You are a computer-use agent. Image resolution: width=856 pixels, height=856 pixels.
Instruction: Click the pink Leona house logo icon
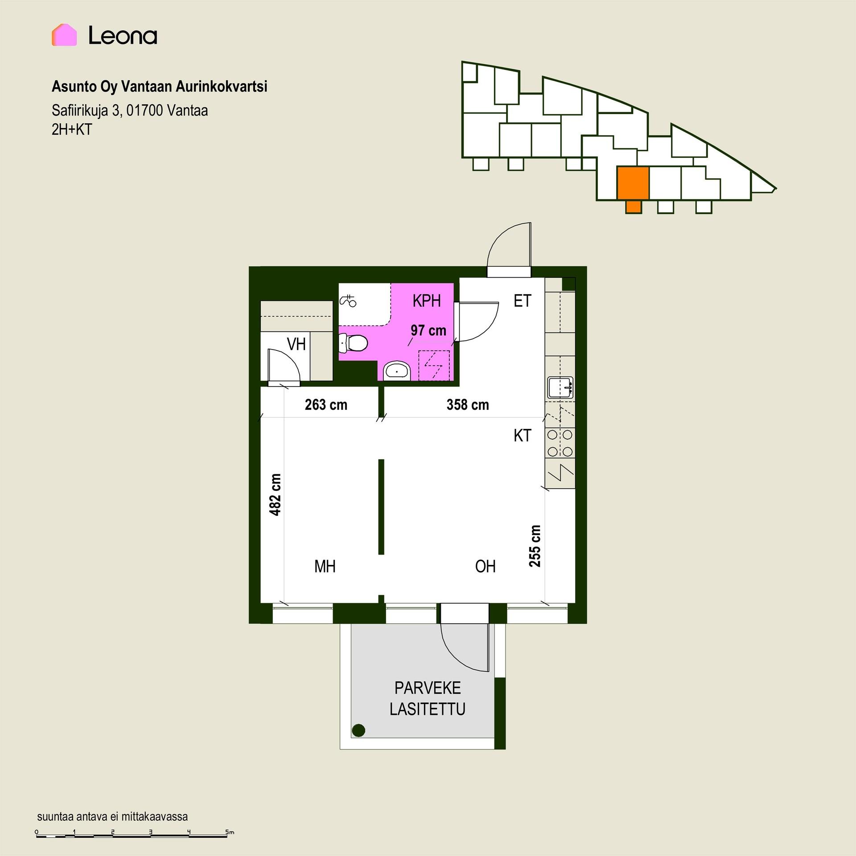pyautogui.click(x=64, y=35)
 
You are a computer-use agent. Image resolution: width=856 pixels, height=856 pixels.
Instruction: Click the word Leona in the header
pyautogui.click(x=123, y=35)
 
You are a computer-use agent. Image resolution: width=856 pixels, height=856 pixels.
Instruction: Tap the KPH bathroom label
pyautogui.click(x=427, y=301)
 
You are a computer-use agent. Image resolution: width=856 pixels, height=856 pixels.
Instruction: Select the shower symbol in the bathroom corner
pyautogui.click(x=348, y=301)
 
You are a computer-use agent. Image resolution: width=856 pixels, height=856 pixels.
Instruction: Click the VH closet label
pyautogui.click(x=296, y=344)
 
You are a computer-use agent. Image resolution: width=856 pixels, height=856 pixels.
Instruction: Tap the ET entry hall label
pyautogui.click(x=523, y=301)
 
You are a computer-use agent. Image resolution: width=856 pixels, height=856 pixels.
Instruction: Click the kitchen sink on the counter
pyautogui.click(x=560, y=387)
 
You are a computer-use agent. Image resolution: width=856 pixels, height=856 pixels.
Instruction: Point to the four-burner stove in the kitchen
pyautogui.click(x=560, y=443)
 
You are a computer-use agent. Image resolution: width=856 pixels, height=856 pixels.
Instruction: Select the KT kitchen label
pyautogui.click(x=523, y=436)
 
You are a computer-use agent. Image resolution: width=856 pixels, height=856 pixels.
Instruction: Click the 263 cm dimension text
pyautogui.click(x=326, y=404)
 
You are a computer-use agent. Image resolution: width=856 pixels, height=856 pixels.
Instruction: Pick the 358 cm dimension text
pyautogui.click(x=468, y=404)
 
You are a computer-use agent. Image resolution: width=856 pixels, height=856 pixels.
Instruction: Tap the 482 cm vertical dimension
pyautogui.click(x=276, y=494)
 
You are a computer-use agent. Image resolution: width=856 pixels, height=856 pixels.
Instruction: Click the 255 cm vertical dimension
pyautogui.click(x=535, y=546)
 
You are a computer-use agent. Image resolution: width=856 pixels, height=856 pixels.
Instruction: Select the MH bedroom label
pyautogui.click(x=325, y=566)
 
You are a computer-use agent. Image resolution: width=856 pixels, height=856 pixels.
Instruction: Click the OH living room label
pyautogui.click(x=486, y=566)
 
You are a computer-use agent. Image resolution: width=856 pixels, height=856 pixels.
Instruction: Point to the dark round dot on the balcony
pyautogui.click(x=358, y=730)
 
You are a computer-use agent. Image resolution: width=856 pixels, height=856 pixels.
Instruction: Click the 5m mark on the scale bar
pyautogui.click(x=230, y=832)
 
